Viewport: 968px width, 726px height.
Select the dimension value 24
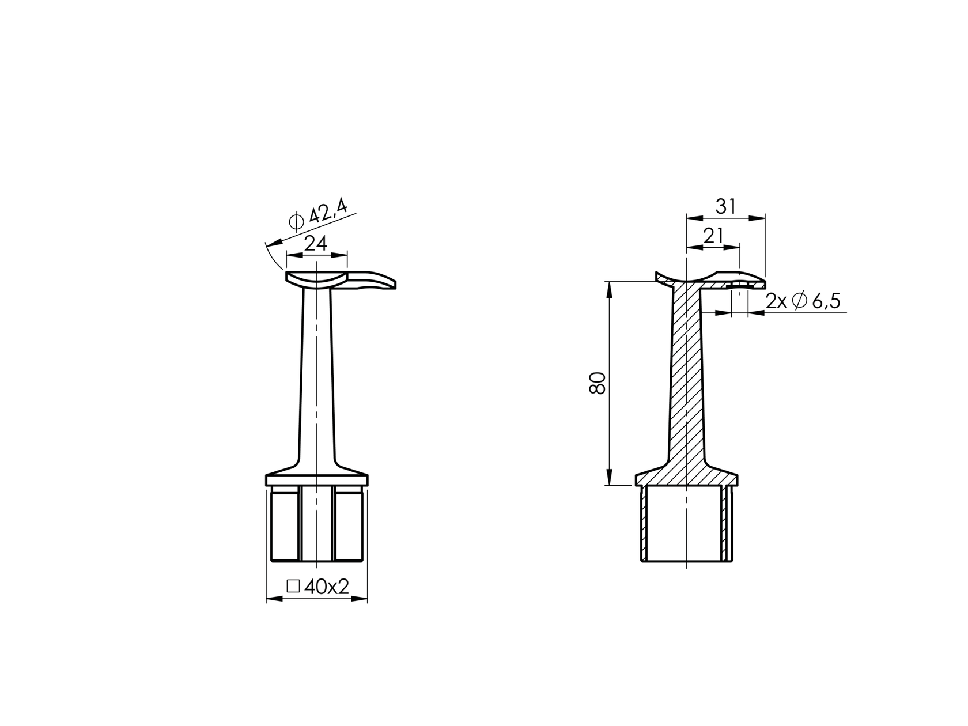point(316,244)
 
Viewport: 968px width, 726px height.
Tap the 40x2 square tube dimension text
point(327,587)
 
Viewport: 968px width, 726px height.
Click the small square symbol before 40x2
point(293,586)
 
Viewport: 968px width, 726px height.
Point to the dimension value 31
point(725,206)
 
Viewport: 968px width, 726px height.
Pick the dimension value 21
point(713,236)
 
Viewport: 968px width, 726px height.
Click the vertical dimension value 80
point(598,383)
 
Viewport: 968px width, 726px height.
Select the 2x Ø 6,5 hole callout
point(803,301)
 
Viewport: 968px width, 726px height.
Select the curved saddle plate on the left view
point(316,279)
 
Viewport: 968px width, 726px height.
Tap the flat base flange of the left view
point(316,481)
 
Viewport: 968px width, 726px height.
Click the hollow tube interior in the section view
point(686,524)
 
